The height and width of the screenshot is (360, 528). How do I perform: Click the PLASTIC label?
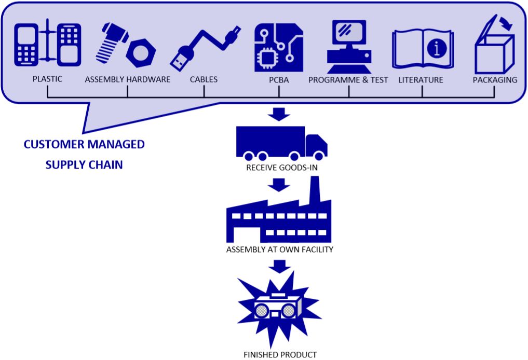tap(47, 79)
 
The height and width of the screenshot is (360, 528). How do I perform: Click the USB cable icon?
tap(205, 47)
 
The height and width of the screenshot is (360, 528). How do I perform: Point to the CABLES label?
tap(204, 80)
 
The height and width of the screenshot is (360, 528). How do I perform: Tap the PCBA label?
tap(279, 80)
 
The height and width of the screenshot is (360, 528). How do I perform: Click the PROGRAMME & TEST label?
tap(348, 80)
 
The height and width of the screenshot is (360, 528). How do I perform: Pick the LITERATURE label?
tap(421, 80)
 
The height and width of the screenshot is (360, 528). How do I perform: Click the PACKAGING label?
tap(495, 80)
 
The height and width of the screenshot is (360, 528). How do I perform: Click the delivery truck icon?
tap(281, 143)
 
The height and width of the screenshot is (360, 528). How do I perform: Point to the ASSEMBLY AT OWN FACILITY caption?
tap(280, 250)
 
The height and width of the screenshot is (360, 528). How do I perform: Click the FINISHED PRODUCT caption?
tap(280, 355)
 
